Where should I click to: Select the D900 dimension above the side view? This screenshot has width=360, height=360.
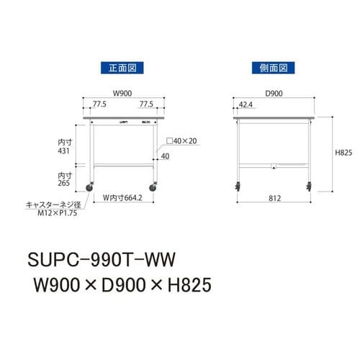(x=274, y=93)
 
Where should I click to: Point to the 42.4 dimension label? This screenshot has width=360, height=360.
(x=246, y=105)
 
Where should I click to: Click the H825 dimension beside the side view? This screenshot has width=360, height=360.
(x=341, y=153)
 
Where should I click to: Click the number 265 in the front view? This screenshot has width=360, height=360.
(x=65, y=183)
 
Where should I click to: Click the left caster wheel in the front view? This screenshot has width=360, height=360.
(x=90, y=189)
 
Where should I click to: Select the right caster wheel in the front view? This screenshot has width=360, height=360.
(x=154, y=189)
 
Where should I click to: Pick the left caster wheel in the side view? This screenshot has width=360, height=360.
(x=238, y=188)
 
